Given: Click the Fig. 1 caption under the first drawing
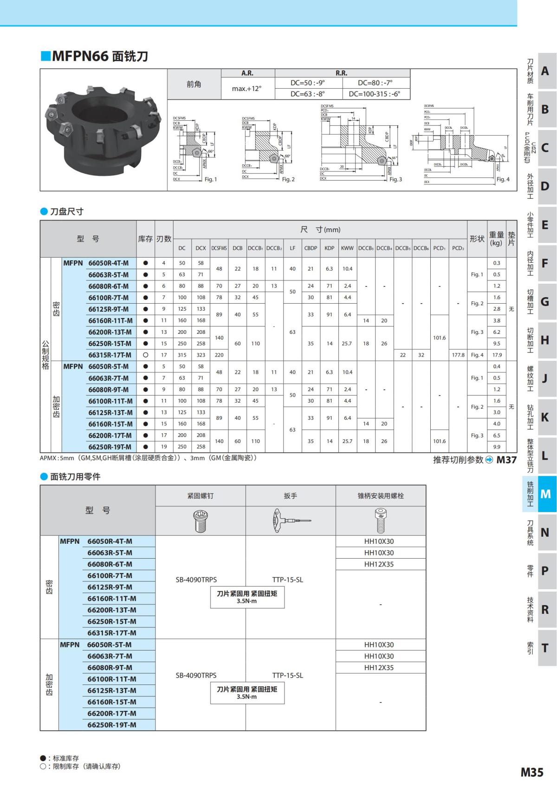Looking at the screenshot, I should tap(211, 179).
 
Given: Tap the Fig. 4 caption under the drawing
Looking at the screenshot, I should tap(503, 179).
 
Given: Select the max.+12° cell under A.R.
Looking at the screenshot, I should tap(246, 88).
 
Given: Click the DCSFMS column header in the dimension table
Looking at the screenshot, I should tap(219, 248).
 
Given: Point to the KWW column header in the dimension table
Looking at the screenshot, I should tap(347, 248).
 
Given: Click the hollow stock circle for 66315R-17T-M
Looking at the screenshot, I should tap(146, 355).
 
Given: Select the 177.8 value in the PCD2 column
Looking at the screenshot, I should tap(458, 355).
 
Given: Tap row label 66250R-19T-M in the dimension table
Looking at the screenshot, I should tap(110, 447).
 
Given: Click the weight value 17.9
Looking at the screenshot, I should tap(497, 355).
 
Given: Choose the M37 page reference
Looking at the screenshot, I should tap(506, 460).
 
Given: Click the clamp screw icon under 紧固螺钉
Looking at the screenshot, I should tap(200, 521).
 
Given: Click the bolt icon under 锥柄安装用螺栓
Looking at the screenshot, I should tap(380, 521).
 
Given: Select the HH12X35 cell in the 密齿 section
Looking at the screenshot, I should tap(379, 564).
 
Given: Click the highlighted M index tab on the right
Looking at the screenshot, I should tap(546, 495).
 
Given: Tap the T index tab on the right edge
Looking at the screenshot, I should tap(546, 648).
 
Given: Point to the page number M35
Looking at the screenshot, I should tap(531, 772).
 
